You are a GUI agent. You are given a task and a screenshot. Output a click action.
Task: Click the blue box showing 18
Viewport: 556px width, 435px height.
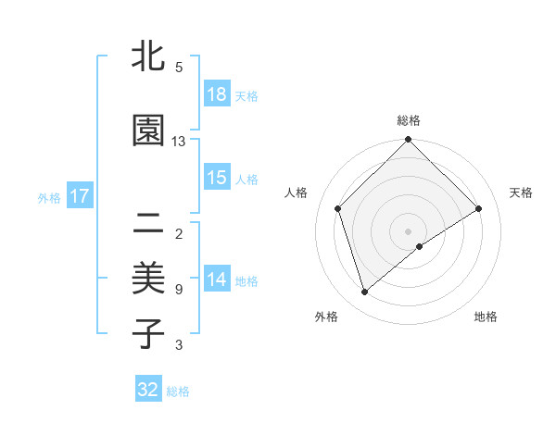tap(217, 94)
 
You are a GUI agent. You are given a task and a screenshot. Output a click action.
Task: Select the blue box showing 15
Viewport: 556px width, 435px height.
tap(217, 178)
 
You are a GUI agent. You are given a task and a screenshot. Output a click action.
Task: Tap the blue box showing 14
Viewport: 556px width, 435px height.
tap(217, 280)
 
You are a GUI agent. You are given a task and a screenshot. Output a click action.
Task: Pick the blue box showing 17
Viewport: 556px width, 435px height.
tap(79, 196)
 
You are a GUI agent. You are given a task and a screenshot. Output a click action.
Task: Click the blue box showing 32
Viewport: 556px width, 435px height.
tap(148, 390)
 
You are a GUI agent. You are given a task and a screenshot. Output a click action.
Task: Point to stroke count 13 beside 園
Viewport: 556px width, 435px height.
tap(179, 142)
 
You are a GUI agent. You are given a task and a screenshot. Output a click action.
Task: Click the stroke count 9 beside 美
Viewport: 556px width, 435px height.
tap(178, 290)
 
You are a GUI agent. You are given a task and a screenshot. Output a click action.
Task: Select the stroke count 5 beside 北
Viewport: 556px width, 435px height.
tap(178, 68)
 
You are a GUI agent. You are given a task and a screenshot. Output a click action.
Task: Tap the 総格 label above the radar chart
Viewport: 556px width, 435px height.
tap(408, 120)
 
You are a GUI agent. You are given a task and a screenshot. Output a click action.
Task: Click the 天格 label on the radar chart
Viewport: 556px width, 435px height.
tap(521, 193)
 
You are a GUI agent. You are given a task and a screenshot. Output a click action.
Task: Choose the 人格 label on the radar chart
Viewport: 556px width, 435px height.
tap(296, 193)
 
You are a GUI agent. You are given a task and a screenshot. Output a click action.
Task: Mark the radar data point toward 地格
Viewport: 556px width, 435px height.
tap(420, 246)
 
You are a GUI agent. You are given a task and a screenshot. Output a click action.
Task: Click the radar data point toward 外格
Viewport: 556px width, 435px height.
tap(365, 292)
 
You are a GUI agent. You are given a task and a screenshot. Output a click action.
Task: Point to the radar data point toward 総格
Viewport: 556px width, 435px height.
tap(408, 141)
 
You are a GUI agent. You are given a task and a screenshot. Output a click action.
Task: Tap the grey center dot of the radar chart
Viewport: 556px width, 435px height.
tap(408, 230)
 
